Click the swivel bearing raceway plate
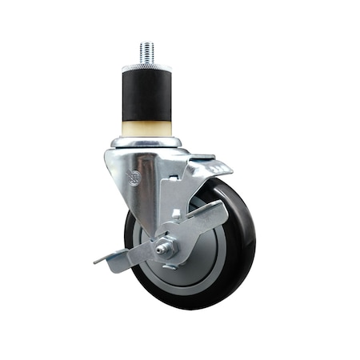tap(146, 142)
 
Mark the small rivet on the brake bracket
tap(178, 214)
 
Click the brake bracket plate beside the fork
tap(176, 192)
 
